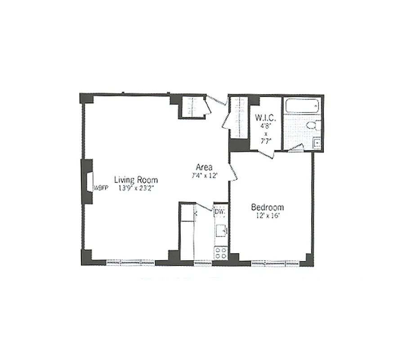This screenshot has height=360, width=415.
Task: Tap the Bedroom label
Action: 267,207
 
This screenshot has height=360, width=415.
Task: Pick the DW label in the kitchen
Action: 219,210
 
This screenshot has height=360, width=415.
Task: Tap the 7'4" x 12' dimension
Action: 205,175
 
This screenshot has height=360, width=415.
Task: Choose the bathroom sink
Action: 317,144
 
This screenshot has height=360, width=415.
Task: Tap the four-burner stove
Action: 220,252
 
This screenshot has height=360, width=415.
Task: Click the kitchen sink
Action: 221,231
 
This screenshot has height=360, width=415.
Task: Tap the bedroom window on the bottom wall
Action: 275,262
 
